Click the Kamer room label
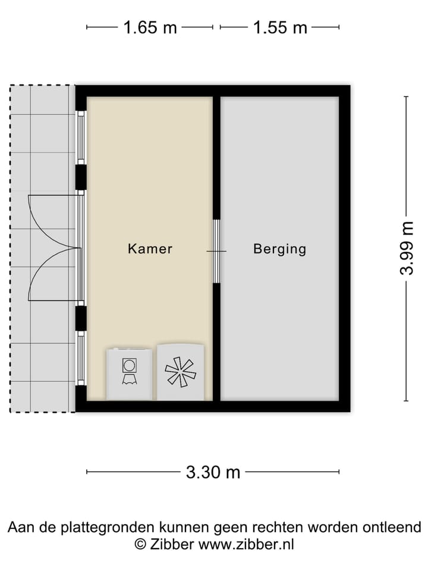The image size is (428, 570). (150, 248)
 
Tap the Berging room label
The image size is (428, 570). (279, 248)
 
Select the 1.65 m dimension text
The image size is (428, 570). (150, 27)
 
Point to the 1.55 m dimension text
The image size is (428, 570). (280, 27)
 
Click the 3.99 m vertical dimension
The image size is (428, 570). (407, 248)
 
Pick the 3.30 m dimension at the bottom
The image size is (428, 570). (213, 472)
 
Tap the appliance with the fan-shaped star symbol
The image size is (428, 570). (181, 372)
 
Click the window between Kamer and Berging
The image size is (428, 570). (216, 251)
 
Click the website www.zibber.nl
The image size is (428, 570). (246, 544)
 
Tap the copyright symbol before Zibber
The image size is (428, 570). (140, 544)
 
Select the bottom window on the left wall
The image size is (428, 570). (81, 358)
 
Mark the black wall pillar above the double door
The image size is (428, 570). (81, 177)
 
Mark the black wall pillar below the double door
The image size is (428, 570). (81, 318)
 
